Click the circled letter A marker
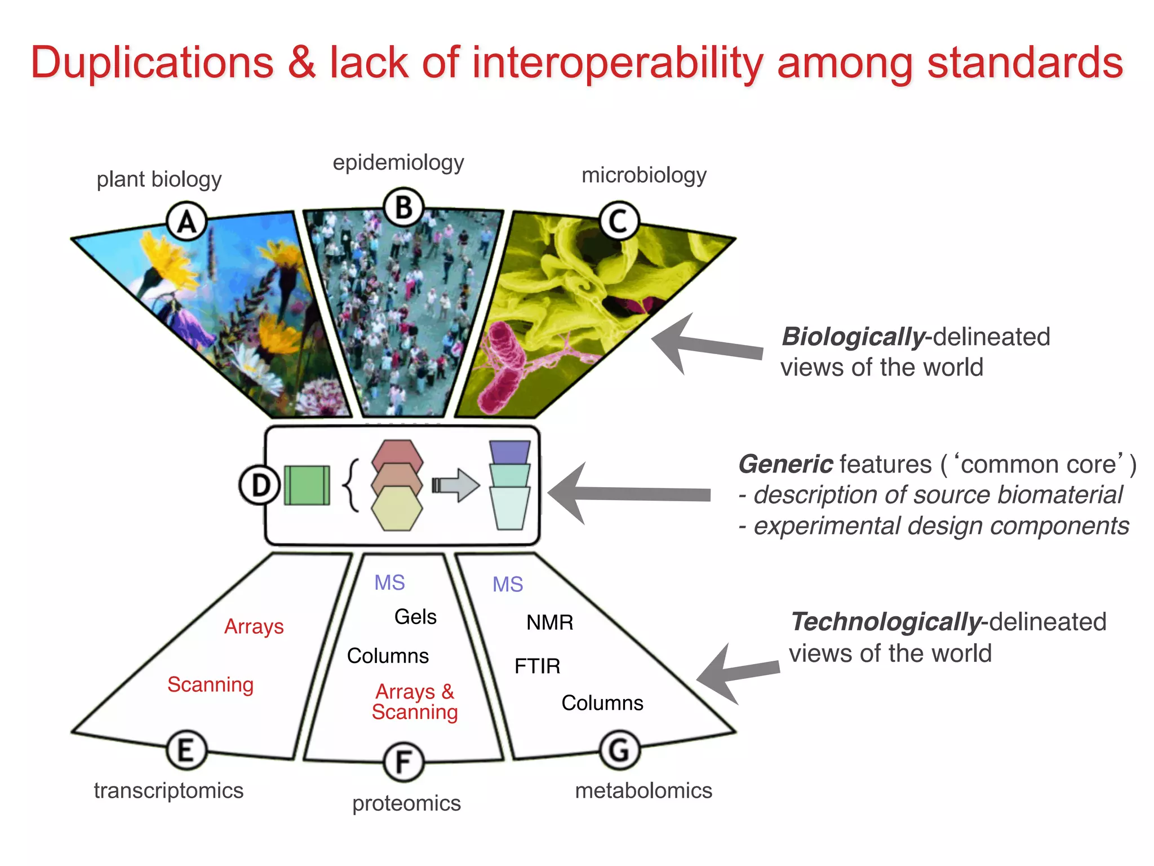pos(187,221)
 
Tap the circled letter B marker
pos(403,207)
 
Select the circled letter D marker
pos(259,485)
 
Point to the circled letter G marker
pos(620,750)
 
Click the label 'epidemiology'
pos(398,162)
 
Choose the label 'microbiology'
pos(643,175)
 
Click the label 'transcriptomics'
pos(168,790)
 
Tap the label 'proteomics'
pos(406,803)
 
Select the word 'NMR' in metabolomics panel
pos(549,622)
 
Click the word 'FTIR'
pos(537,666)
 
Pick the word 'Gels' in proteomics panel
pos(415,617)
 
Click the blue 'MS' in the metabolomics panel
pos(508,585)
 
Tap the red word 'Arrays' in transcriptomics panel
pos(254,626)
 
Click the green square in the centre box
pos(307,485)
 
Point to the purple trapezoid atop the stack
pos(510,452)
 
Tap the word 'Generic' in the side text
pos(785,464)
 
